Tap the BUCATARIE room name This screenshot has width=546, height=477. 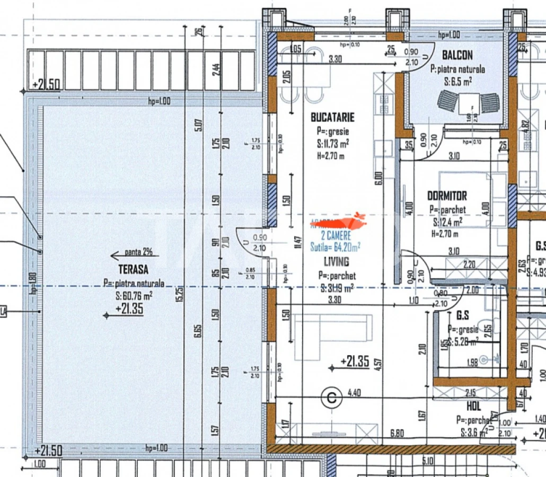[x=332, y=117]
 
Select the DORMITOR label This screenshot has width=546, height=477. [x=447, y=196]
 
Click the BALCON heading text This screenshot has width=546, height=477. [x=457, y=55]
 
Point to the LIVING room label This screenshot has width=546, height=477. [x=336, y=261]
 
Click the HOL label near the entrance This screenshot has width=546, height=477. [x=473, y=406]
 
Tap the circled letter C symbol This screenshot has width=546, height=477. [x=332, y=397]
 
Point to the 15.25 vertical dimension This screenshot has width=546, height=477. [x=179, y=294]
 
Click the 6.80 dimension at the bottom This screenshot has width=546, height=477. [x=397, y=433]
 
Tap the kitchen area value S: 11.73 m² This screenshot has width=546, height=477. [x=332, y=144]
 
